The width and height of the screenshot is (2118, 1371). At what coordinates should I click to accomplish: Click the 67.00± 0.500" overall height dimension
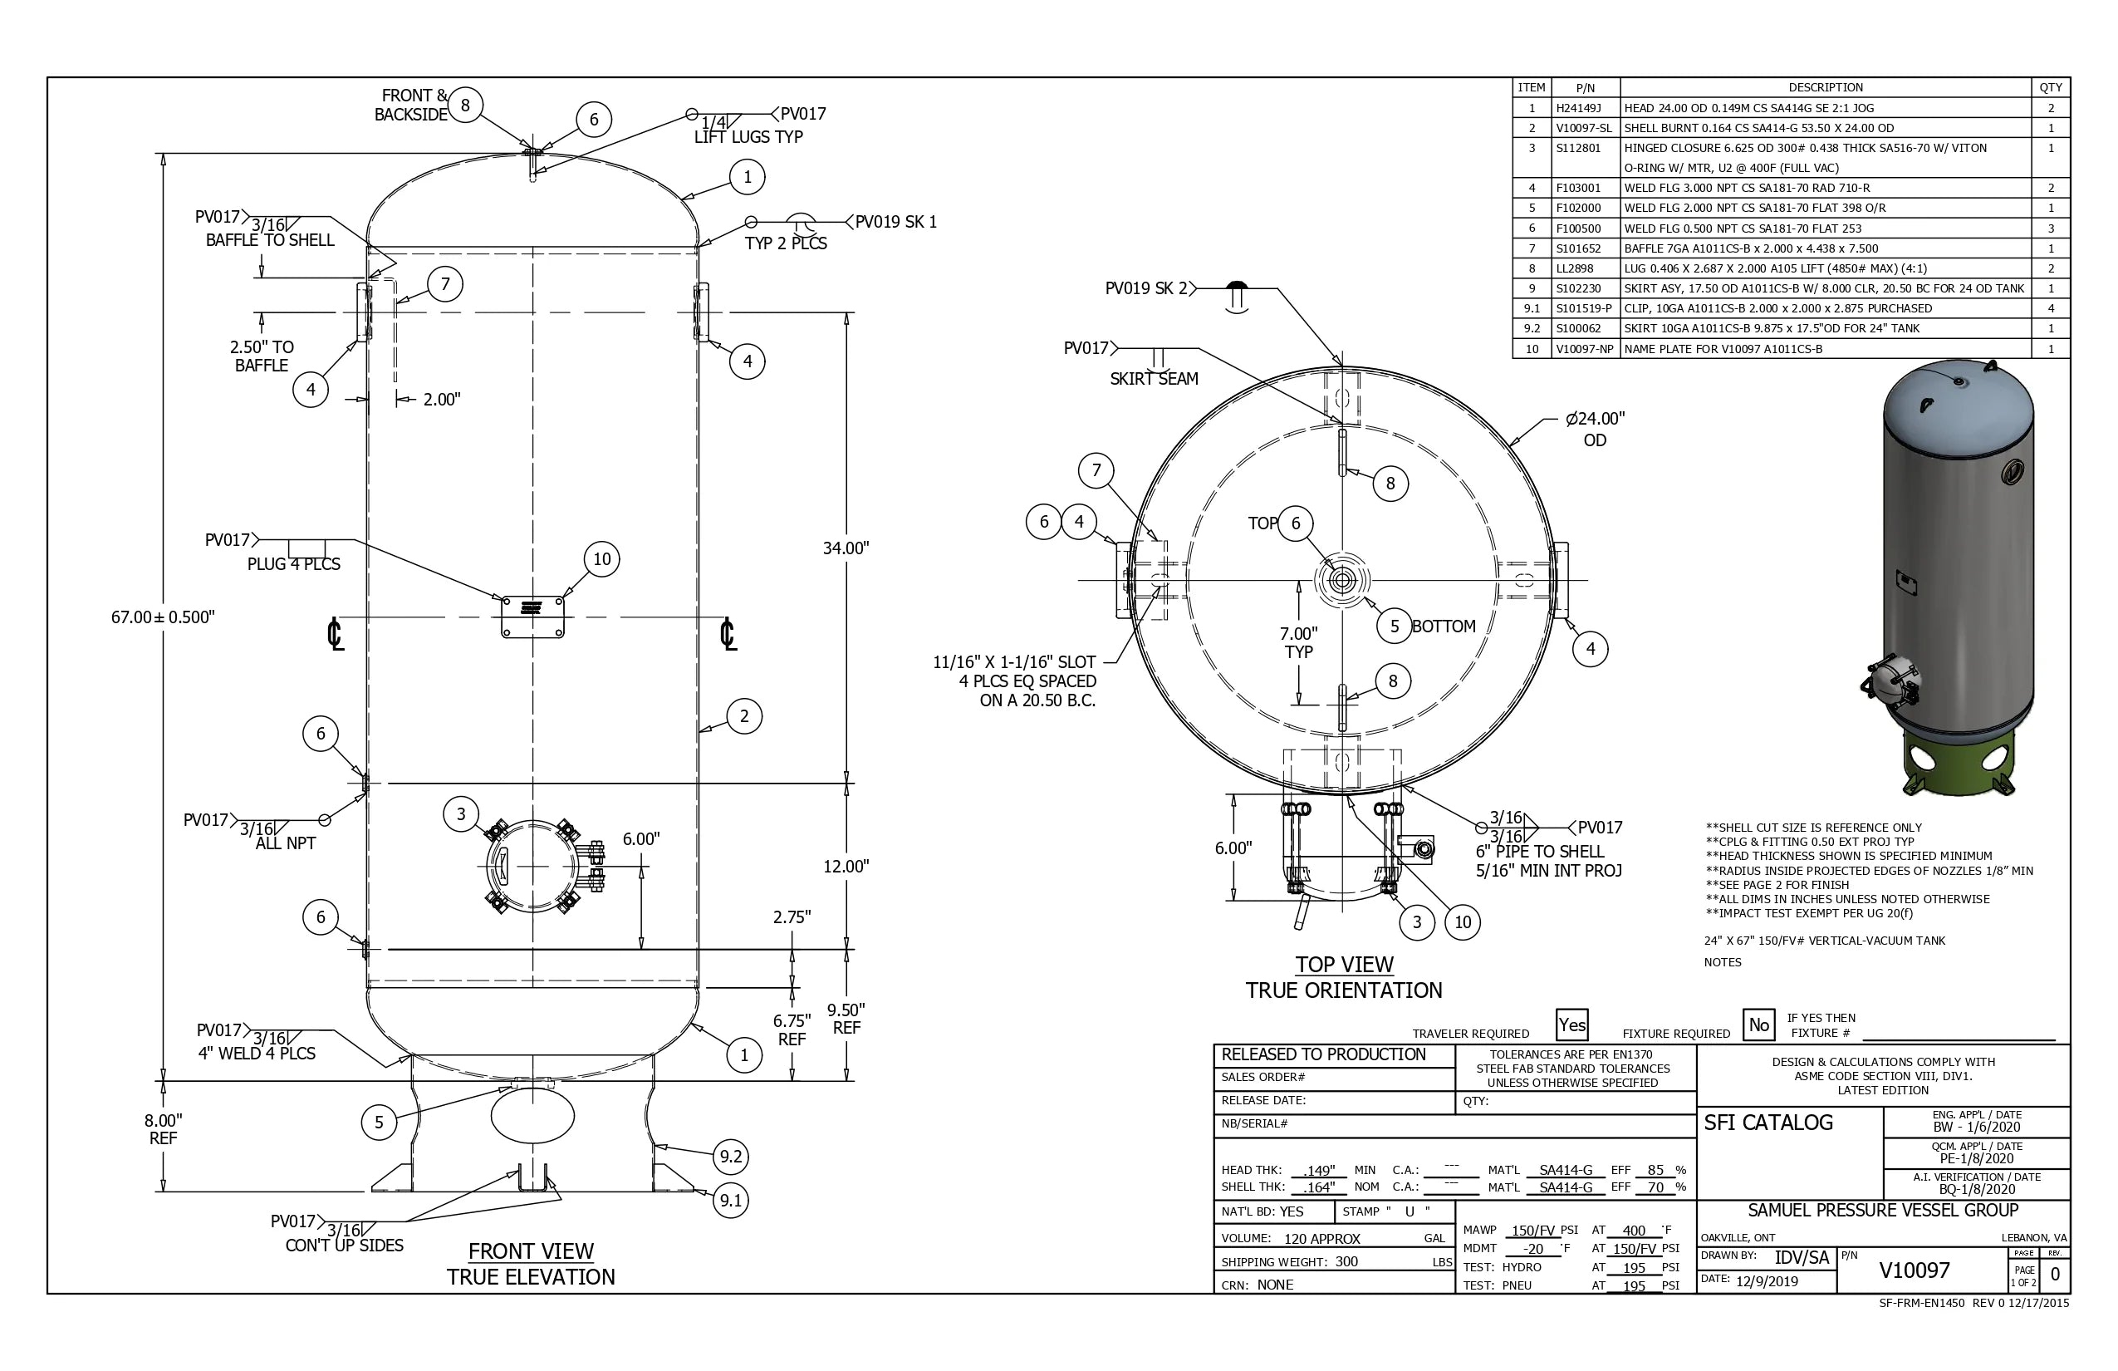click(163, 617)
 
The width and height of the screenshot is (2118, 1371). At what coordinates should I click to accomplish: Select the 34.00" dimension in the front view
click(846, 548)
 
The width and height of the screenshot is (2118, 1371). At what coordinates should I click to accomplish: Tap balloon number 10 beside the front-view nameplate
click(601, 559)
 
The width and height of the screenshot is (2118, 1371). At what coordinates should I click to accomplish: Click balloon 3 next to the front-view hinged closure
click(460, 813)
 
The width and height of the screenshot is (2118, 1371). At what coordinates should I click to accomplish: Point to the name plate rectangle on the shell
click(532, 617)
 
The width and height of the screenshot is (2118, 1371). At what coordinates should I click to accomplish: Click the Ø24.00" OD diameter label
click(1595, 428)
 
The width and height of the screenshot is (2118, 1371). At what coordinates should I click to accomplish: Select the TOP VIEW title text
click(1344, 964)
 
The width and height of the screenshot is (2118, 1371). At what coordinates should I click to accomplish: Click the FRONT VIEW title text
click(531, 1251)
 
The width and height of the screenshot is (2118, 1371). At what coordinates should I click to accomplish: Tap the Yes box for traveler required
click(1571, 1025)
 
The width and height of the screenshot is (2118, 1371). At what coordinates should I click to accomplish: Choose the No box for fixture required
click(1758, 1025)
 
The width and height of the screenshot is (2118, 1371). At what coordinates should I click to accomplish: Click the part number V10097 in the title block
click(1914, 1270)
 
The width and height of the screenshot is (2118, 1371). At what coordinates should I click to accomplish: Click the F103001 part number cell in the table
click(1578, 188)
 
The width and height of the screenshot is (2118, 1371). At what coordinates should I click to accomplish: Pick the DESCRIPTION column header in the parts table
click(1826, 87)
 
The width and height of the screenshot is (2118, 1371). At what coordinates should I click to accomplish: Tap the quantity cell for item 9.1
click(2051, 308)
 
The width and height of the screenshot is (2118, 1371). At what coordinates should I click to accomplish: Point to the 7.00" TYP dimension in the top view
click(1298, 641)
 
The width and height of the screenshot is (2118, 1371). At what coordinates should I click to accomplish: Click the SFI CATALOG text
click(1767, 1123)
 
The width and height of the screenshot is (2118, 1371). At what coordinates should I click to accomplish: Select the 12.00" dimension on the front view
click(846, 866)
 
